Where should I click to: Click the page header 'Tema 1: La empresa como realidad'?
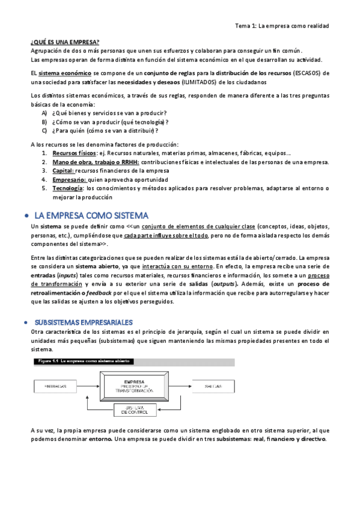[x=282, y=26]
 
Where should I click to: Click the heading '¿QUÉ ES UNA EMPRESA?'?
[x=65, y=42]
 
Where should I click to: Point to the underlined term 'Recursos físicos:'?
[x=75, y=153]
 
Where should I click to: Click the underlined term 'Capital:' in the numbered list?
[x=63, y=171]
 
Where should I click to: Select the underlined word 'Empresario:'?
[x=69, y=179]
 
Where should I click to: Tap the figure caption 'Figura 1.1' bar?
[x=84, y=361]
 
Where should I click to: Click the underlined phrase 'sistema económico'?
[x=57, y=73]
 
